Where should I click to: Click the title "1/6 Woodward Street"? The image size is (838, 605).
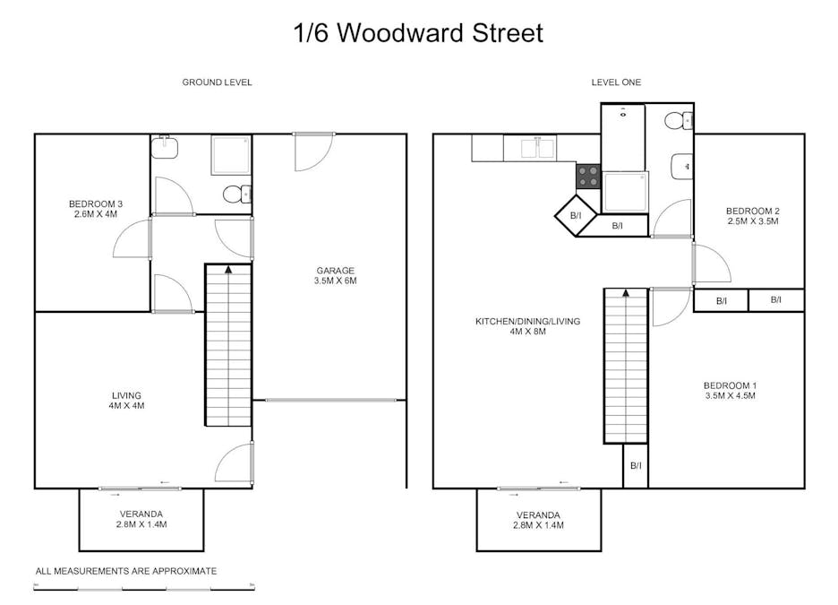pos(418,32)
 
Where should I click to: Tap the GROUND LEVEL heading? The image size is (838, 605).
pos(217,82)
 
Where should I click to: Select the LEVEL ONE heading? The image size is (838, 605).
pos(616,82)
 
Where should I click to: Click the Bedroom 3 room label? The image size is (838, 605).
pos(96,209)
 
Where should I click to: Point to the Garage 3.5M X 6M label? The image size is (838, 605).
pos(335,275)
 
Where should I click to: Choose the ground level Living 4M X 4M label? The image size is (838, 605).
pos(126,400)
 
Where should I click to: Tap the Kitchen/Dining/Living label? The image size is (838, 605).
pos(527,326)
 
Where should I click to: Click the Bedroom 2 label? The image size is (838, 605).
pos(752,216)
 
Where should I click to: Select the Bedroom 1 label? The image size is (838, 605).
pos(730,391)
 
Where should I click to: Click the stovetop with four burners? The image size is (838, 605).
pos(588,176)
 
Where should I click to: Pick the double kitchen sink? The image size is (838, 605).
pos(537,148)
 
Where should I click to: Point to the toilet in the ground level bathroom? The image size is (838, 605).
pos(236,194)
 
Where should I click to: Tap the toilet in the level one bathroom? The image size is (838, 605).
pos(679,120)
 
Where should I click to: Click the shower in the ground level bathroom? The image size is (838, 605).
pos(231,155)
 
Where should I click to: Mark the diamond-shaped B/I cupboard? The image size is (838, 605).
pos(576,216)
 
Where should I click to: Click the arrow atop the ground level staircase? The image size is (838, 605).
pos(228,270)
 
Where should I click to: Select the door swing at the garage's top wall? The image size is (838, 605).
pos(313,152)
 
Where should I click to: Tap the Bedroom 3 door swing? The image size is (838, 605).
pos(131,238)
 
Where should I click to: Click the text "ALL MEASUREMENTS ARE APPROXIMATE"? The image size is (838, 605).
pos(126,571)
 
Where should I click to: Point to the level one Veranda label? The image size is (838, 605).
pos(538,520)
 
